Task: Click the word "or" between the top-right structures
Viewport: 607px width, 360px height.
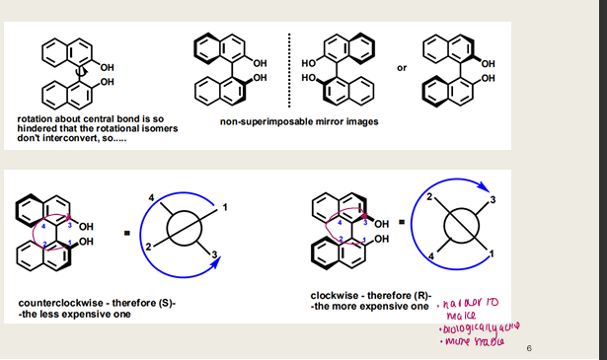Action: pos(401,68)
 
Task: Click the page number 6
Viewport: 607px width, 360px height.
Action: pos(529,347)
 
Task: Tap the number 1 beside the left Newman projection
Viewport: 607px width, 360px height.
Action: pos(225,208)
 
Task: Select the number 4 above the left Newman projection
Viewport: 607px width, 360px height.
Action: pos(151,200)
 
